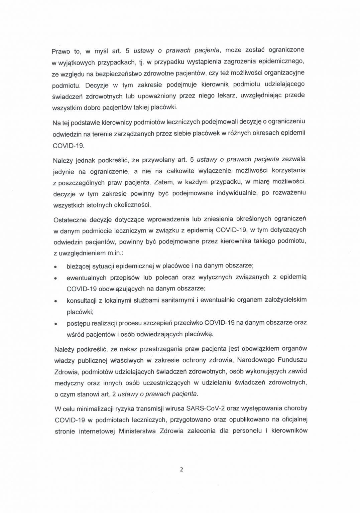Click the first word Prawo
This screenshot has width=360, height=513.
tap(61, 51)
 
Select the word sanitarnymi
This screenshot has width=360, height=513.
tap(177, 300)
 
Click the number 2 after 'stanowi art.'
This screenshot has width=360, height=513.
tap(115, 394)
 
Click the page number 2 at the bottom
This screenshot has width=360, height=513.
tap(182, 470)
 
